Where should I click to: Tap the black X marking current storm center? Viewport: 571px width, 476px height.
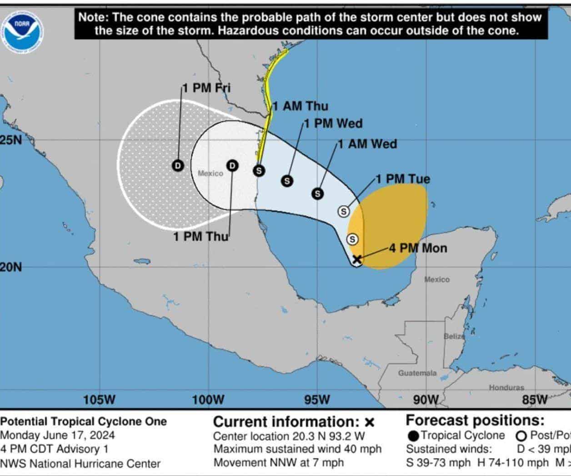tap(357, 259)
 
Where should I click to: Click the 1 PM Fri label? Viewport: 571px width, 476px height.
tap(207, 88)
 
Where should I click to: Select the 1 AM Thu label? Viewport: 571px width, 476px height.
tap(300, 106)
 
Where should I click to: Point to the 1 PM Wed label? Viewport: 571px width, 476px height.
tap(333, 123)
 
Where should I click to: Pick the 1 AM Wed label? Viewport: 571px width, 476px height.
tap(367, 144)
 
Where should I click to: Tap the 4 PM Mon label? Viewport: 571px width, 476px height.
tap(418, 248)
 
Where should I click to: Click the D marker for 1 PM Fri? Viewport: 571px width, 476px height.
tap(178, 166)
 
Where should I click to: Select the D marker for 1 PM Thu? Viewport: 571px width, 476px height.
tap(232, 166)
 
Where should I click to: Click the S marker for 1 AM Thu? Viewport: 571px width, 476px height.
tap(259, 170)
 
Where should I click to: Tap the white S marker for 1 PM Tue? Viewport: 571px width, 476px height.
tap(344, 211)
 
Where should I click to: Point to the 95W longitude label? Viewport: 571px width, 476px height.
tap(317, 400)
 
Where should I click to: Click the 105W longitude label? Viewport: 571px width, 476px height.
tap(99, 400)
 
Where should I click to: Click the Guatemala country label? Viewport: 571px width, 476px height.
tap(417, 373)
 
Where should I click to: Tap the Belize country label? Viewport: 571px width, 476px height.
tap(454, 337)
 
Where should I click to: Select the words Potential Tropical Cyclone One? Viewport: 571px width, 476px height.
tap(84, 421)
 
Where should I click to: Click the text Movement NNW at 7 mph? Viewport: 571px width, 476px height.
tap(279, 463)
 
